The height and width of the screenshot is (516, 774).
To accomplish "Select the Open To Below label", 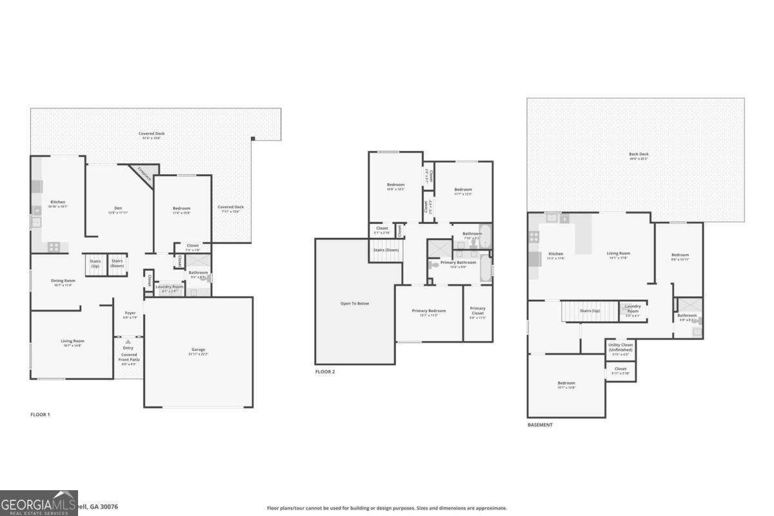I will pos(355,303).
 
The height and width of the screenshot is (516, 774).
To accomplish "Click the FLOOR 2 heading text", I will pos(325,372).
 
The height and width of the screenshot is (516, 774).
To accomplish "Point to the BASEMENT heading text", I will pos(540,425).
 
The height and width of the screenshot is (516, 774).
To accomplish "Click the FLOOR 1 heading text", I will pos(40,415).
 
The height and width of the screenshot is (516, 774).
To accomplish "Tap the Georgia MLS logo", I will pos(39,503).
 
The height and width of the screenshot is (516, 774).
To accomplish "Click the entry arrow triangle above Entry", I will pos(128,341).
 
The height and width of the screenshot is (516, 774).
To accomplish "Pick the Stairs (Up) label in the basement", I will pos(590,311).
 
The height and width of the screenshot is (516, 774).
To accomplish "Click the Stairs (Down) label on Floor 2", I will pos(386,250).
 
